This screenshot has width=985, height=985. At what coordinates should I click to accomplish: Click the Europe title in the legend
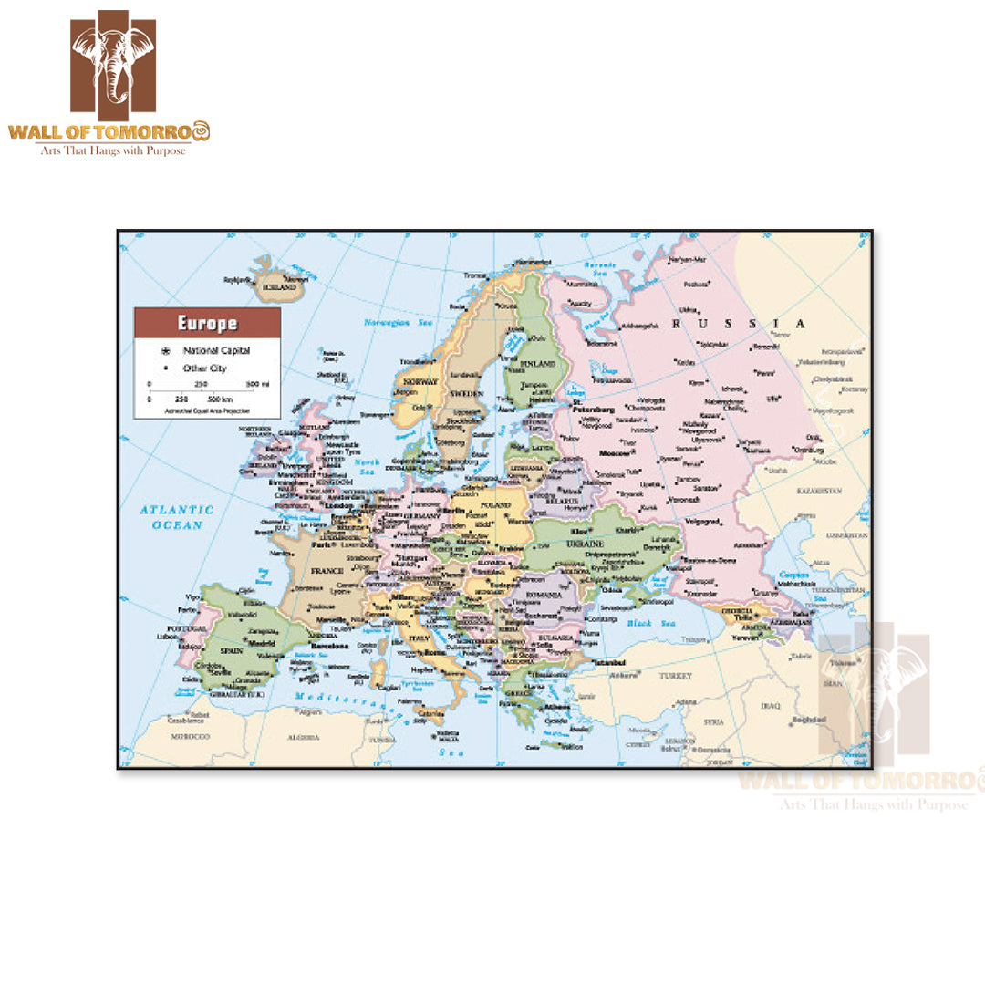coord(207,323)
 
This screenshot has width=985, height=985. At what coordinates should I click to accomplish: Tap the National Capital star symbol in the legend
coord(166,350)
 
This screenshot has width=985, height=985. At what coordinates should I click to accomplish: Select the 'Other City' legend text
coord(204,368)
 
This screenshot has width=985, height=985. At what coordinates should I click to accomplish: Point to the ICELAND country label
coord(280,287)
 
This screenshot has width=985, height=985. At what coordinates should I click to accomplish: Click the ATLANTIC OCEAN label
coord(177,517)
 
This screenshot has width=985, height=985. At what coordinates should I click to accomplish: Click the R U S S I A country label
coord(739,323)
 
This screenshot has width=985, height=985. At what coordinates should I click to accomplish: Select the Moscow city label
coord(614,453)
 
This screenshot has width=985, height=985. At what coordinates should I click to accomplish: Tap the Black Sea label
coord(656,622)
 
